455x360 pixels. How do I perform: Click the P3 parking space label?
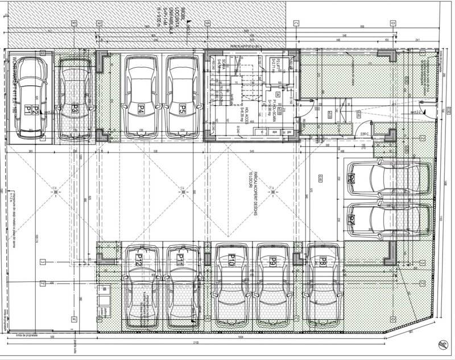(75, 107)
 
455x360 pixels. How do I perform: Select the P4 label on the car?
(140, 107)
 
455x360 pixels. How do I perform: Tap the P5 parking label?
(183, 107)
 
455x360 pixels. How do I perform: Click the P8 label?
(322, 262)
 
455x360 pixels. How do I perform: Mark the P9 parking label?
(274, 262)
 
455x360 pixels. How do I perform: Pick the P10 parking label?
(231, 262)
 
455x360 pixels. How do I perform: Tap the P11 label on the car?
(180, 260)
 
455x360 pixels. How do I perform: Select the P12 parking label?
(138, 260)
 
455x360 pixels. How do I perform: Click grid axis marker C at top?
(296, 23)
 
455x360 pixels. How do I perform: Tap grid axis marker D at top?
(393, 23)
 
